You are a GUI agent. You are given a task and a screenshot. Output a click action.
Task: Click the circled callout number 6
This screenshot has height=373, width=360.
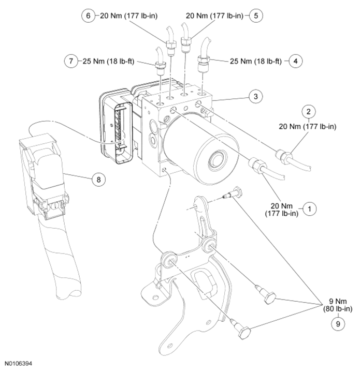[x=88, y=16]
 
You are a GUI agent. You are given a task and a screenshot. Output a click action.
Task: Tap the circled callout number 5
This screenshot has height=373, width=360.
[x=256, y=16]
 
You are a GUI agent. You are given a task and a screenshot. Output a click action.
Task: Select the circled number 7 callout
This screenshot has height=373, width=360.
[x=71, y=61]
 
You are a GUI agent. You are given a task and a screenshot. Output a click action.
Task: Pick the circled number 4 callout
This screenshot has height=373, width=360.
[x=295, y=61]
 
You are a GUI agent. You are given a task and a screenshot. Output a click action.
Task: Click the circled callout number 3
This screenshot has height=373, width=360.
[x=256, y=96]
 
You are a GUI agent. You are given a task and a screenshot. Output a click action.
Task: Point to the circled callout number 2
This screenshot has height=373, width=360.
[x=309, y=112]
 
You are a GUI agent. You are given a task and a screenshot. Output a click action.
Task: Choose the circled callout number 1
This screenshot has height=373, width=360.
[x=309, y=209]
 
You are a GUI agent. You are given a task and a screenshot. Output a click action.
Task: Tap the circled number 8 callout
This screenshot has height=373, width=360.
[x=98, y=180]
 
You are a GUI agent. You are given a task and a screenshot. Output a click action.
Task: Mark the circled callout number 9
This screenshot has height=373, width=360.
[x=338, y=323]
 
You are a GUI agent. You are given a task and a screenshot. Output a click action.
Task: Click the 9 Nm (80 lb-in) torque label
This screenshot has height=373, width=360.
[x=338, y=305]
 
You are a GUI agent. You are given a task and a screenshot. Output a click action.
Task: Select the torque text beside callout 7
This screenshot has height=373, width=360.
[x=108, y=62]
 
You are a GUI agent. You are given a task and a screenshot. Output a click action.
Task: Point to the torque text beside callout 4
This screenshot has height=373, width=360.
[x=256, y=62]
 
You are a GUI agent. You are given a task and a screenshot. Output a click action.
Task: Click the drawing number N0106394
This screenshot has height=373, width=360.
[x=19, y=364]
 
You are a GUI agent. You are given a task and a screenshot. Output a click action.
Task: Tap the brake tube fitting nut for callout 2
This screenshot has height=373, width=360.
[x=283, y=156]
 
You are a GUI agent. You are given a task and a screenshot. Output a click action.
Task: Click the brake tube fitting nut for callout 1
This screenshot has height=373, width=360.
[x=257, y=165]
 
